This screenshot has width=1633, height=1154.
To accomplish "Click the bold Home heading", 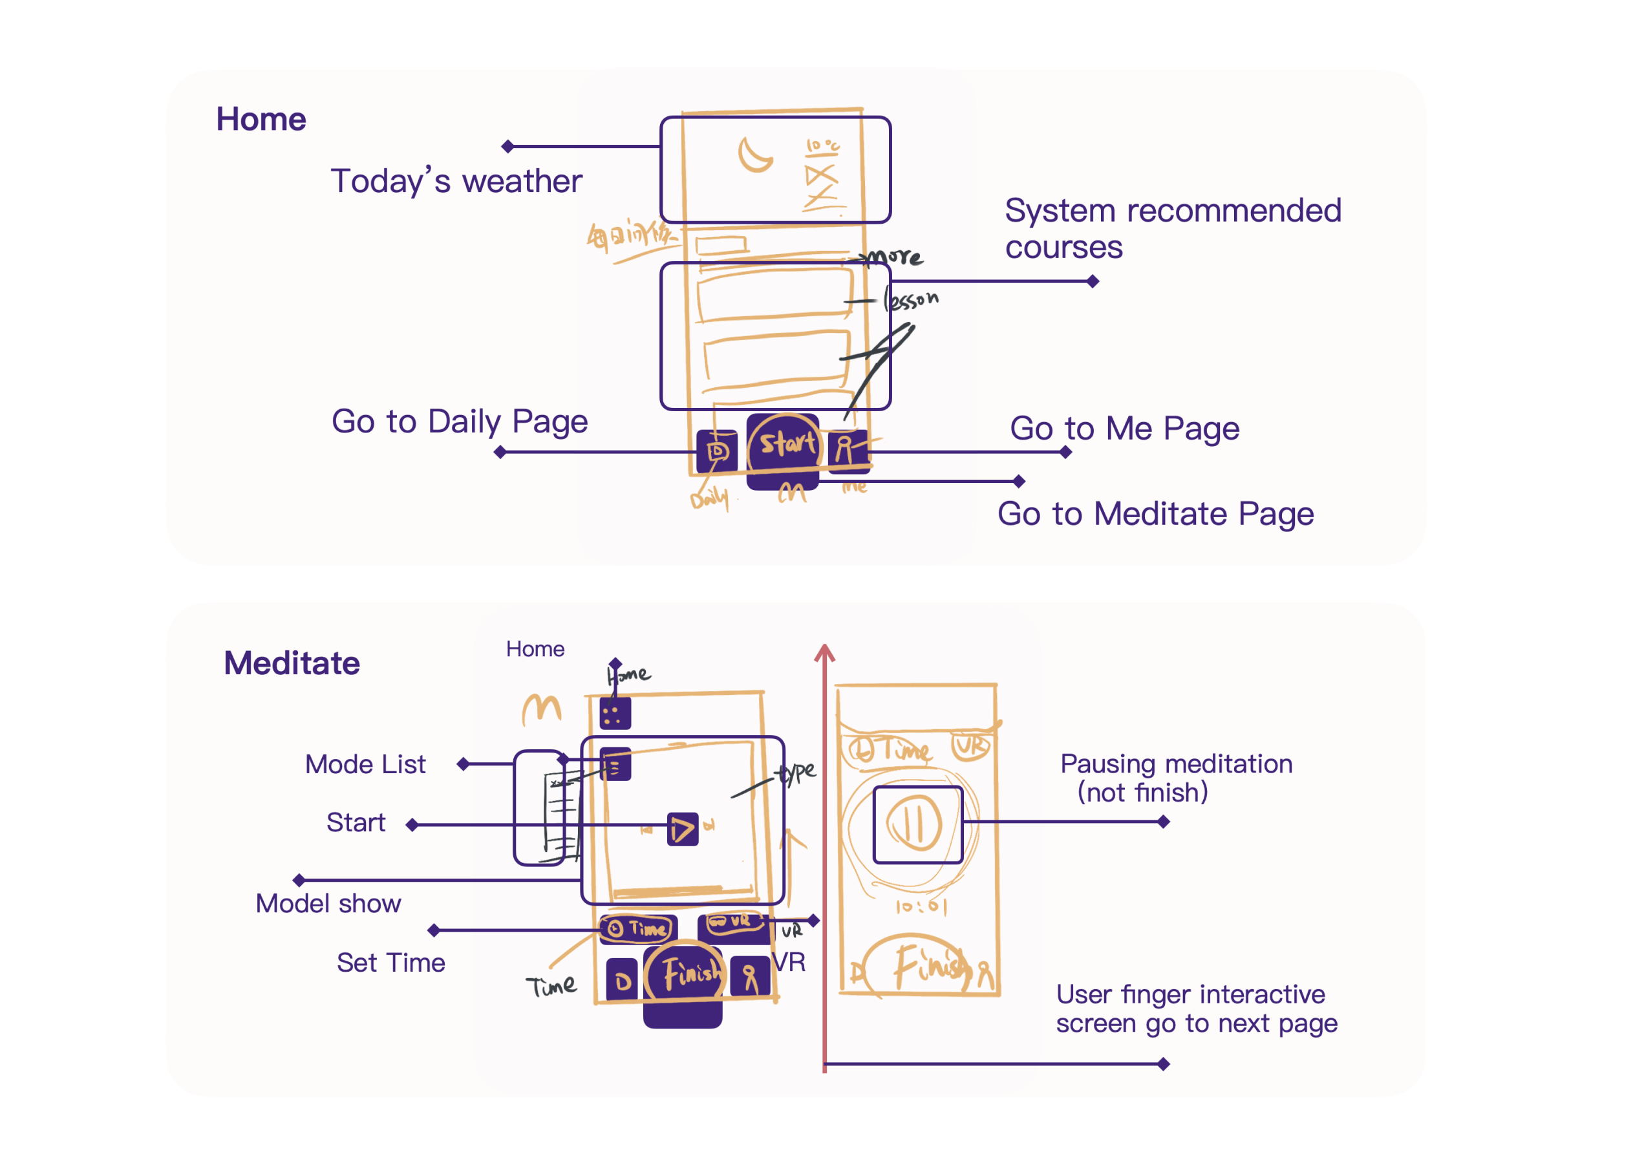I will [261, 120].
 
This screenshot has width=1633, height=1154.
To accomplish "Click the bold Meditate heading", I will [292, 663].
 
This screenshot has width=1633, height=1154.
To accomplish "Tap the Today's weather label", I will [456, 182].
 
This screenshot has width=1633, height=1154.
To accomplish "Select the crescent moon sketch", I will [754, 155].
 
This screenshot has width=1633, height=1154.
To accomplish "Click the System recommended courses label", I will [1172, 228].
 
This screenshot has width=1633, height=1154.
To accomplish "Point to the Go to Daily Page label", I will [460, 421].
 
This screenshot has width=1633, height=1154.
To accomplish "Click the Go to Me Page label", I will [1124, 428].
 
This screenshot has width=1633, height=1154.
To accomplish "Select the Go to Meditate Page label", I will [1155, 514].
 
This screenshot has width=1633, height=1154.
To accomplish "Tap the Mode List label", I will [365, 764].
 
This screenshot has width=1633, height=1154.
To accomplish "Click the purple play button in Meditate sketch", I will [683, 829].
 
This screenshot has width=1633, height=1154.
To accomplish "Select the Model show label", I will [328, 904].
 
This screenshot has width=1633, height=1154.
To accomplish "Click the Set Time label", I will [390, 963].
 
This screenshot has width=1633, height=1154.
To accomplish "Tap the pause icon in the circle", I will [915, 824].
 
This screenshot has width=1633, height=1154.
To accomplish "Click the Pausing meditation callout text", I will [1176, 778].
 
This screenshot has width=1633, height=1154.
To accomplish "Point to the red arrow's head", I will [824, 650].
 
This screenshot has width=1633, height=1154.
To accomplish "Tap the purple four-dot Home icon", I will [615, 714].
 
